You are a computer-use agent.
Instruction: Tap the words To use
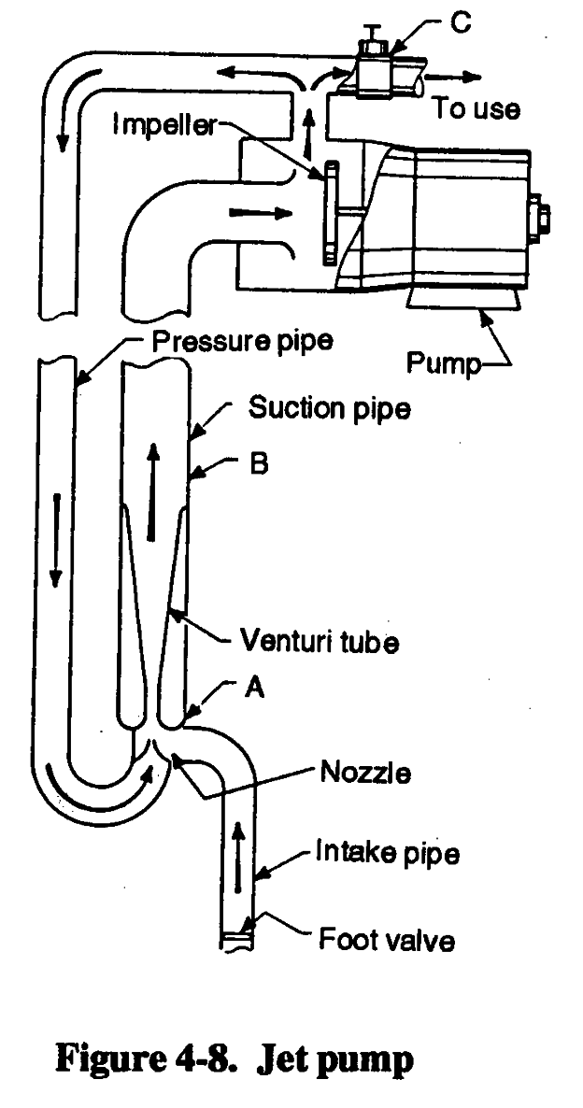[476, 108]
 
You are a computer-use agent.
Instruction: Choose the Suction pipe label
[330, 409]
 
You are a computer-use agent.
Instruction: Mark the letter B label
[258, 464]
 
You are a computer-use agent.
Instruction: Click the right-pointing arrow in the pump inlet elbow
[255, 212]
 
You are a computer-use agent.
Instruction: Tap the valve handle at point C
[373, 39]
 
